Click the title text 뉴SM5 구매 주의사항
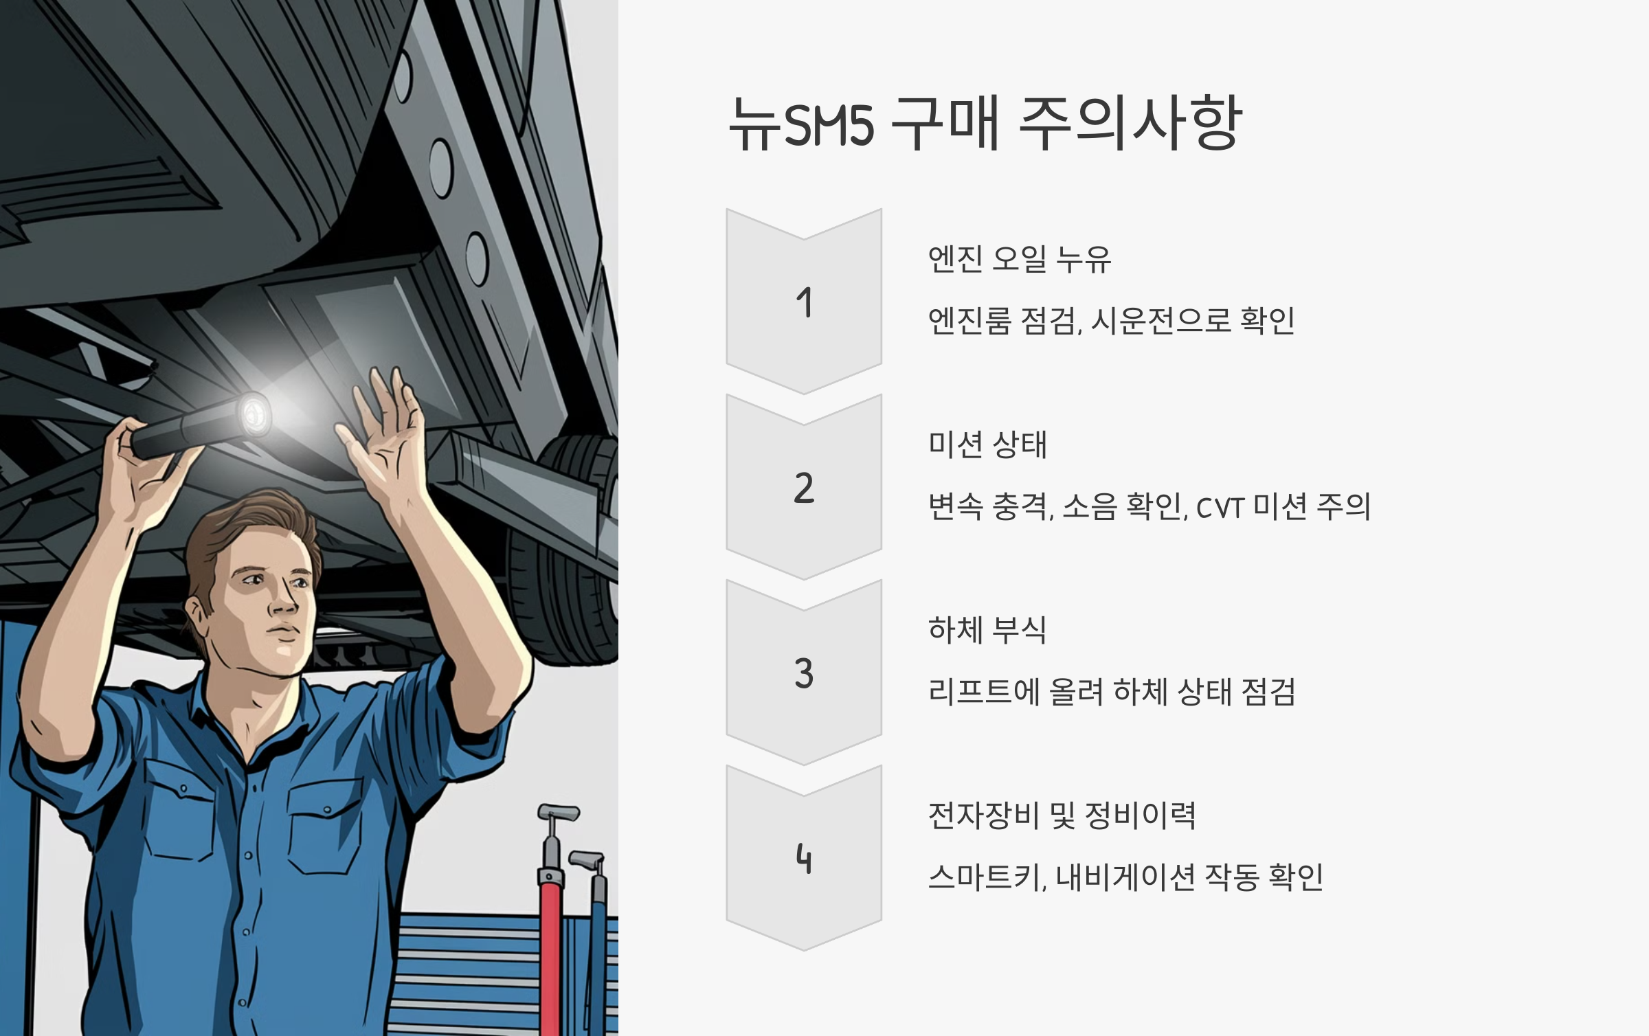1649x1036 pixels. (x=985, y=123)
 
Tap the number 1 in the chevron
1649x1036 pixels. (x=805, y=303)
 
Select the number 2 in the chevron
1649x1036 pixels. (x=804, y=488)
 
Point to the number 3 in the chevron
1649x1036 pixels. (x=804, y=673)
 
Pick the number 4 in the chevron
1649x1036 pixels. (x=804, y=859)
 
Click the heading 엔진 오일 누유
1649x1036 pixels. (x=1019, y=259)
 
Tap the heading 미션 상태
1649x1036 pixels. (x=987, y=444)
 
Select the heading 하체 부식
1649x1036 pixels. (x=987, y=630)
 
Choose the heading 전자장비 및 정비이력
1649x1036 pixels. (x=1062, y=815)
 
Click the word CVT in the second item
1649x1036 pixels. (x=1220, y=508)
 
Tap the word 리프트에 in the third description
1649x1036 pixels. (x=983, y=692)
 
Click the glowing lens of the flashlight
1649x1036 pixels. (x=254, y=414)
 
